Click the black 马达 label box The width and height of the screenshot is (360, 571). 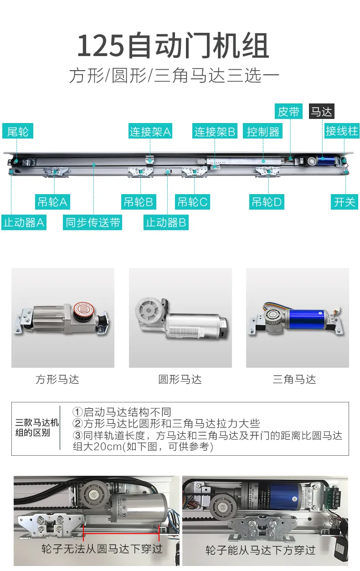[x=322, y=111]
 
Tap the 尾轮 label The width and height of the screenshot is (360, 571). [x=18, y=131]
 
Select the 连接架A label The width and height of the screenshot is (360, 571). [x=150, y=131]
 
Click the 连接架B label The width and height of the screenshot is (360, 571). [x=215, y=131]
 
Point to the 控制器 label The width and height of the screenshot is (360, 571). [x=263, y=131]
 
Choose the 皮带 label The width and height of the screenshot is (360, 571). [x=288, y=111]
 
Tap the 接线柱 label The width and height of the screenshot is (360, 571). [x=342, y=131]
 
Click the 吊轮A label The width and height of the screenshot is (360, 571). [x=52, y=202]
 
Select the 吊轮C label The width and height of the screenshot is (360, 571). [x=192, y=202]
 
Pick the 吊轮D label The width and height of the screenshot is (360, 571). [x=267, y=202]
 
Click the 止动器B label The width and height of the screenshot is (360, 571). [x=166, y=222]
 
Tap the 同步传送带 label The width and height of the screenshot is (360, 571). [x=93, y=222]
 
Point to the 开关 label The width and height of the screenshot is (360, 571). [x=345, y=202]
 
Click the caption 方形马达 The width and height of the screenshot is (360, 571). [x=57, y=379]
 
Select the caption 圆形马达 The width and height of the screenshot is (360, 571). [x=180, y=379]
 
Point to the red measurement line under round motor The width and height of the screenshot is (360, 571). [x=121, y=533]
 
